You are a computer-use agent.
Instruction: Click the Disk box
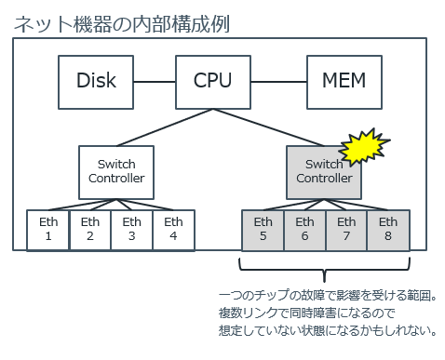(x=96, y=81)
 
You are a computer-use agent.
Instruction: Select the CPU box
(x=213, y=81)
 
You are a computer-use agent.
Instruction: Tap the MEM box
(x=344, y=81)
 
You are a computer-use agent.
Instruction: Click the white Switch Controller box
(x=117, y=171)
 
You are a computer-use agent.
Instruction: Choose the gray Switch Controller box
(x=323, y=171)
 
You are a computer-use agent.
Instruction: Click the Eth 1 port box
(x=47, y=230)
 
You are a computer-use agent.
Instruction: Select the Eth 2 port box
(x=89, y=230)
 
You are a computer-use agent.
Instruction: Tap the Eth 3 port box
(x=131, y=230)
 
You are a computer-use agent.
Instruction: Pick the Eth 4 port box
(x=173, y=230)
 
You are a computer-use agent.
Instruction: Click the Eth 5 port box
(x=263, y=230)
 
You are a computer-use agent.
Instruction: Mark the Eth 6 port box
(x=304, y=230)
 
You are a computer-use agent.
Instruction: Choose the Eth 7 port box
(x=346, y=230)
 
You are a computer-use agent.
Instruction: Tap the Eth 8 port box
(x=388, y=230)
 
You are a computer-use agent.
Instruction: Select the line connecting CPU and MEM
(x=278, y=81)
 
